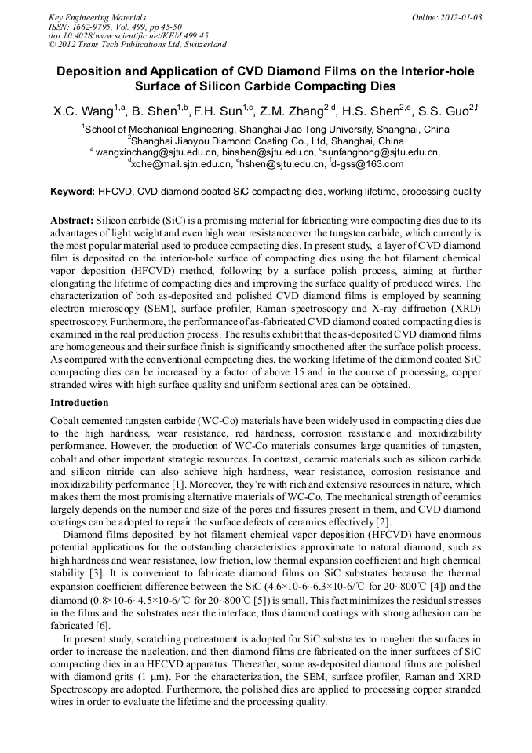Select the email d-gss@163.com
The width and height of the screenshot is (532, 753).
coord(368,164)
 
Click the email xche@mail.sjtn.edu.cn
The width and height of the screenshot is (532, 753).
coord(177,164)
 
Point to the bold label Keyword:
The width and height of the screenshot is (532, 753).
coord(72,192)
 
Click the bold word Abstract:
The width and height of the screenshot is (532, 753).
coord(72,222)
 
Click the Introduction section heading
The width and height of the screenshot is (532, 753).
coord(79,403)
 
